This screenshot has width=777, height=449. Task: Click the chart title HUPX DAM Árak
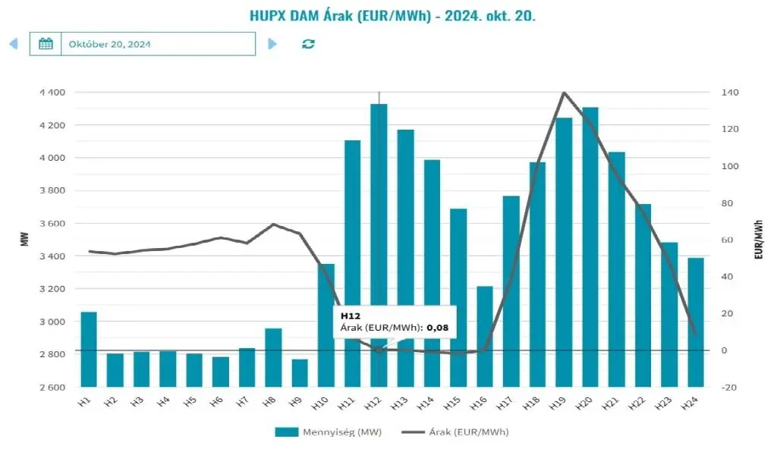click(392, 15)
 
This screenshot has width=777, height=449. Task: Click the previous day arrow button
click(13, 44)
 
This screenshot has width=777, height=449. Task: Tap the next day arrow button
click(272, 44)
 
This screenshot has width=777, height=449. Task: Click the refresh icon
click(308, 44)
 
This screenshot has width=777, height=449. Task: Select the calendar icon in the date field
click(46, 44)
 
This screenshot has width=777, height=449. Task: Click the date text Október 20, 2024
click(109, 44)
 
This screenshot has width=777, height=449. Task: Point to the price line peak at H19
click(564, 93)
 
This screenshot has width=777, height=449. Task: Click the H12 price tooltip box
click(394, 322)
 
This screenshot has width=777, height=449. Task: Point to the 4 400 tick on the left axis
click(52, 93)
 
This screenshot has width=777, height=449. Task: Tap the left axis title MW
click(24, 240)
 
